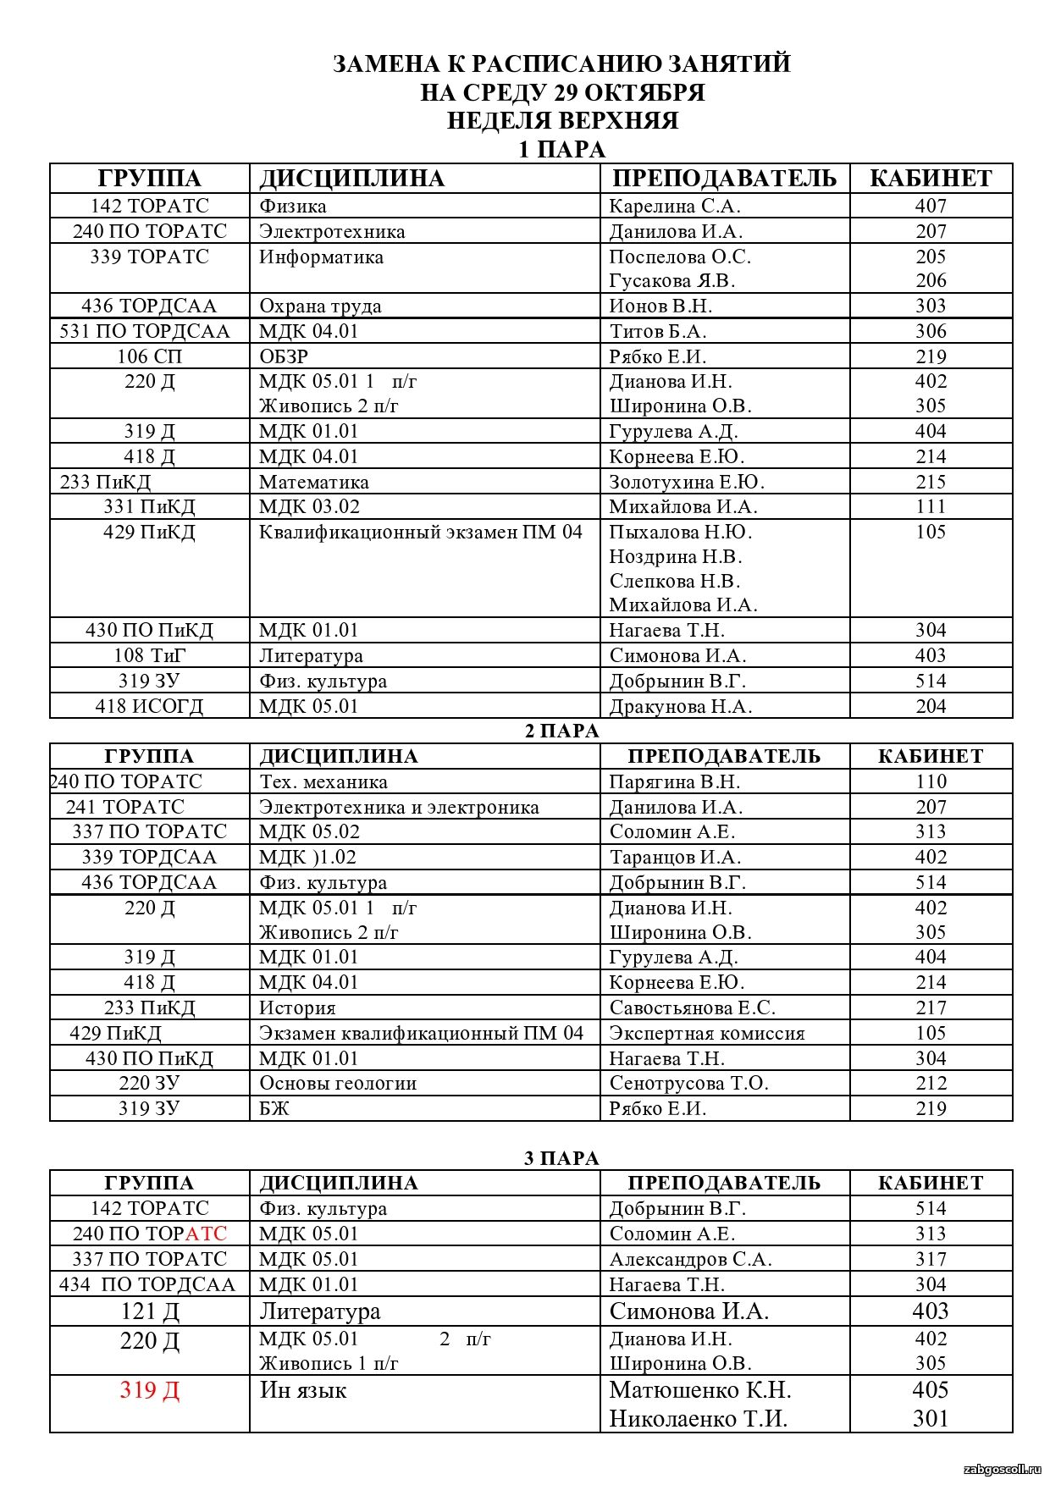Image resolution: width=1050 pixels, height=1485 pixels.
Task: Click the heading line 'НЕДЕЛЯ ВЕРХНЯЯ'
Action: point(562,121)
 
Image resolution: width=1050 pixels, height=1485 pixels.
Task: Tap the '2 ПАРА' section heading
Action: point(561,731)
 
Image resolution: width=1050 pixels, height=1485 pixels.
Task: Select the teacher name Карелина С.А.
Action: point(674,207)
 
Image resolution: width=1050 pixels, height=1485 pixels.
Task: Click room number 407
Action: point(930,207)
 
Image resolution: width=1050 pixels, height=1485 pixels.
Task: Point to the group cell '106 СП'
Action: point(149,357)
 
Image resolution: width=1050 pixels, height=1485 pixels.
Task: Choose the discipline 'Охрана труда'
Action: point(320,306)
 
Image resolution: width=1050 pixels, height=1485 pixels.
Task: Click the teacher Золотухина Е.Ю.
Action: point(686,483)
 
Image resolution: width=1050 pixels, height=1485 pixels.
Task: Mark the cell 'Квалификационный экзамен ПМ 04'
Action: point(420,533)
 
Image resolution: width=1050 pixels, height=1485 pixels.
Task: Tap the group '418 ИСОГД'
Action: point(149,707)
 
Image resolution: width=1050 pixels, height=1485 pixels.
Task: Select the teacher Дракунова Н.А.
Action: point(680,707)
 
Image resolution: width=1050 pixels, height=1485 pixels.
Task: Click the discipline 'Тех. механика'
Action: point(323,782)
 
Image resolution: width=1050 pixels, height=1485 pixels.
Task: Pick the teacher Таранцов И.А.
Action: point(675,858)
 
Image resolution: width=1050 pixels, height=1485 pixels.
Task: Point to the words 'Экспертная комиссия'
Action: point(706,1034)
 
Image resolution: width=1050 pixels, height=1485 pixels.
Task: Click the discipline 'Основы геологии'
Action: point(337,1084)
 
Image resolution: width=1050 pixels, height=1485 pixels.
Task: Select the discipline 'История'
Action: point(297,1008)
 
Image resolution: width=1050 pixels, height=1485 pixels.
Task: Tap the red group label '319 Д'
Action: point(149,1390)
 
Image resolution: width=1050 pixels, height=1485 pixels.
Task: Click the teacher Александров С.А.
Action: point(690,1260)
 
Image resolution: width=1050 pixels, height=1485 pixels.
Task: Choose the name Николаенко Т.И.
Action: point(698,1419)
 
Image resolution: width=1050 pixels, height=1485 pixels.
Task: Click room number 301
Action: point(930,1419)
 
